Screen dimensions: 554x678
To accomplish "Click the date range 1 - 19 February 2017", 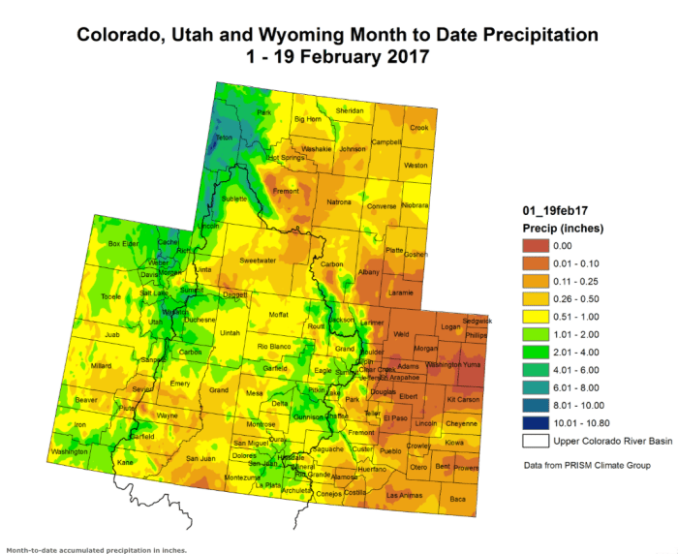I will click(338, 57).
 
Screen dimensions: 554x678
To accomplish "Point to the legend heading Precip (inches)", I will click(562, 229).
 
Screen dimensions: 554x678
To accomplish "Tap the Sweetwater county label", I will click(259, 261).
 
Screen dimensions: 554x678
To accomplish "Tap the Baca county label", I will click(458, 499).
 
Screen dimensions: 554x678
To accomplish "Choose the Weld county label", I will click(402, 335).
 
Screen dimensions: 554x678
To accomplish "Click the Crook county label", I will click(418, 127).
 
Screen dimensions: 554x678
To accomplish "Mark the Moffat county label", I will click(279, 315).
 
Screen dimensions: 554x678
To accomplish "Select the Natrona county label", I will click(339, 201).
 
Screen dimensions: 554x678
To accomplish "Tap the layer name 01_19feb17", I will click(551, 210).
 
